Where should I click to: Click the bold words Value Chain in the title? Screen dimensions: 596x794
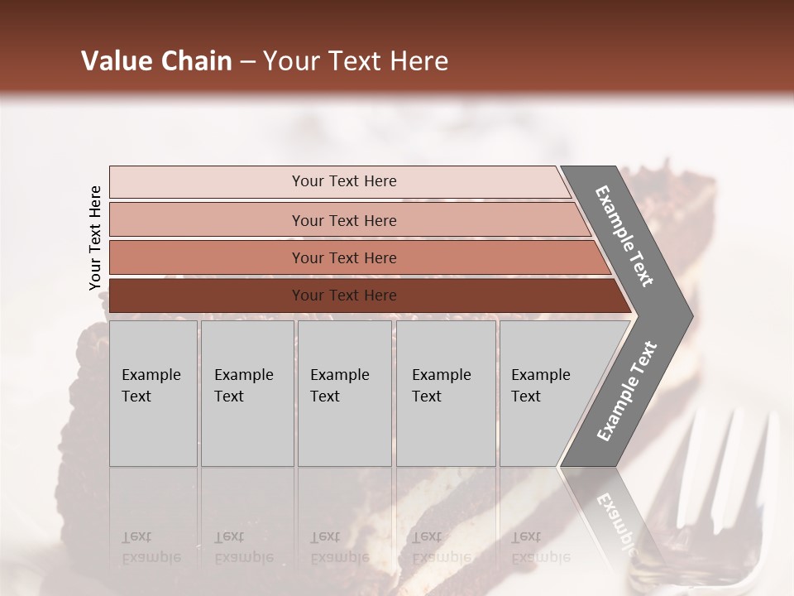point(156,61)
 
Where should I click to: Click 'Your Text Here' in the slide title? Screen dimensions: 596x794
point(356,61)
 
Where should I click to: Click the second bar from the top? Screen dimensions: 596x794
point(344,220)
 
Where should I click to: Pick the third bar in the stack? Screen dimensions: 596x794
point(344,257)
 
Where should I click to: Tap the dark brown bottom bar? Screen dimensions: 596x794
point(344,296)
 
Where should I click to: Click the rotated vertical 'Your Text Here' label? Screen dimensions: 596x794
point(95,238)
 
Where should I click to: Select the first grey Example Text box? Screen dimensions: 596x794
point(153,393)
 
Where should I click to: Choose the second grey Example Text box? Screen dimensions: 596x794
point(246,393)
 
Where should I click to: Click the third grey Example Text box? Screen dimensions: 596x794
point(344,393)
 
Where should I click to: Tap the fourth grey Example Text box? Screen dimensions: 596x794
point(446,393)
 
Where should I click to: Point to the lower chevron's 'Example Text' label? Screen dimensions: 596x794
point(627,391)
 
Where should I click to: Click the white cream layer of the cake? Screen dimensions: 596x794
point(430,513)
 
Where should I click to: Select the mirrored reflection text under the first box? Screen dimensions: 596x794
point(151,546)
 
